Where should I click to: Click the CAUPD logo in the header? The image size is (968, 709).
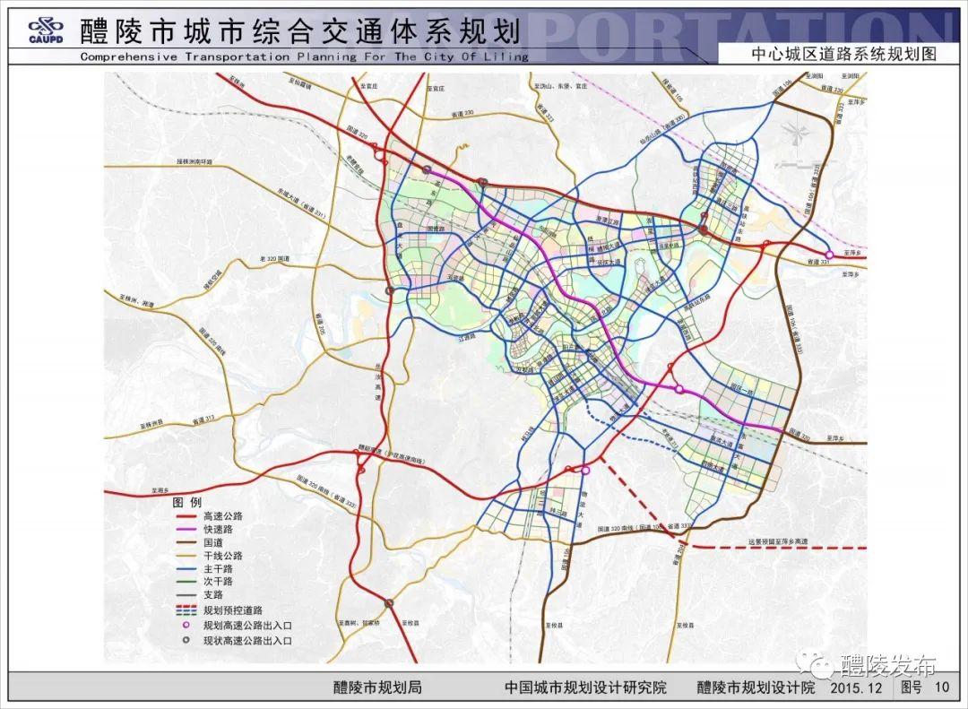[45, 30]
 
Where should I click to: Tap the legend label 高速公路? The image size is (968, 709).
[223, 516]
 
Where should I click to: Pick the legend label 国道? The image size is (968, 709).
[213, 542]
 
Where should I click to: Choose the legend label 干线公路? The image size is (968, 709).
[223, 556]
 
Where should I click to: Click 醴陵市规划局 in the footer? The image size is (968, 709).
[377, 687]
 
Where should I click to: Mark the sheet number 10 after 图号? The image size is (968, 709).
[941, 687]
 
